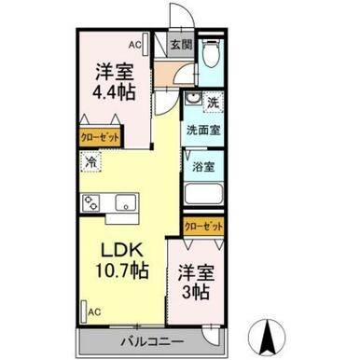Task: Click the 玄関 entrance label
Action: pos(181,46)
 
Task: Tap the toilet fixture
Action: pos(211,53)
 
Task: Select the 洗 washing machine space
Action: pos(214,103)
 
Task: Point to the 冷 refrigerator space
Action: pos(90,161)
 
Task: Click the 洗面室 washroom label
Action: pos(203,131)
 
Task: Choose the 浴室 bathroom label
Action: pos(203,167)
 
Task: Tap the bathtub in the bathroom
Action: pos(203,194)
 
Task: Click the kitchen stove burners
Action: pos(90,202)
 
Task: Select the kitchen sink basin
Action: pos(126,202)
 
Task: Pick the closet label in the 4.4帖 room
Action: pos(100,137)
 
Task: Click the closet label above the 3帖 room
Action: pos(203,227)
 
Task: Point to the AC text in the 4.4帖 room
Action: pos(135,45)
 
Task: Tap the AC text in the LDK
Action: pos(94,312)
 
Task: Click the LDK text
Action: pos(122,250)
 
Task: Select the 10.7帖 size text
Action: pos(121,270)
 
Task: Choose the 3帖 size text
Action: pos(195,292)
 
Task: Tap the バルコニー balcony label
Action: pos(152,342)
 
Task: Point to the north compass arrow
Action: pos(267,338)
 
